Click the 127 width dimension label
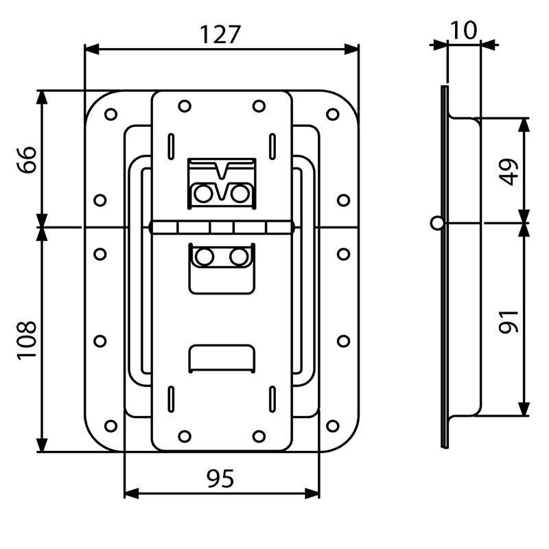click(x=221, y=34)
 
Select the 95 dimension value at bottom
click(x=220, y=479)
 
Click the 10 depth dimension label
click(x=464, y=30)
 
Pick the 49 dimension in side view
click(x=509, y=171)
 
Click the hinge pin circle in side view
click(x=437, y=222)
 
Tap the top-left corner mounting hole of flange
click(x=110, y=114)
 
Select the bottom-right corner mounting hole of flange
click(x=333, y=425)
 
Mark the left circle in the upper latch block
click(x=202, y=194)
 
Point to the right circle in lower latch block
click(x=239, y=257)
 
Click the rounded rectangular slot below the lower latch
click(x=221, y=358)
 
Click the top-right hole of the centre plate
click(x=259, y=106)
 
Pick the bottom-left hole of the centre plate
click(x=184, y=436)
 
